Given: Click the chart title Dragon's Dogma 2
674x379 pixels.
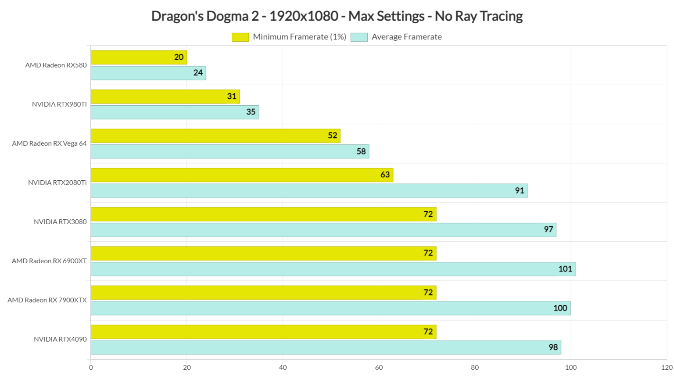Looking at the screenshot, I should tap(337, 16).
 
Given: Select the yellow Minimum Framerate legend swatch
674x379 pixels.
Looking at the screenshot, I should tap(240, 37).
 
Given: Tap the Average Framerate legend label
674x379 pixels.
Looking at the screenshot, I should tap(406, 37).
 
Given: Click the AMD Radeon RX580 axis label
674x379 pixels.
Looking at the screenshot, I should tap(56, 65).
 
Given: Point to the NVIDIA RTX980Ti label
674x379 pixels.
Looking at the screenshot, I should tap(59, 104).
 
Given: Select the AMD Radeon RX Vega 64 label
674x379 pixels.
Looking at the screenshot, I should tap(49, 143).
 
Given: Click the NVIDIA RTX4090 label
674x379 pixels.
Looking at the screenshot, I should tap(60, 339).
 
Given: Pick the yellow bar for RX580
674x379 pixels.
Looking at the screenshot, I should tap(139, 57).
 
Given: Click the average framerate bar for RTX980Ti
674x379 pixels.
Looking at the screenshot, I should tap(175, 112).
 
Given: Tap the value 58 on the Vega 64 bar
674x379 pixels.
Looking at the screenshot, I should tap(361, 151).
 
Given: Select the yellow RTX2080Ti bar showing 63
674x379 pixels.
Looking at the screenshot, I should tap(242, 175).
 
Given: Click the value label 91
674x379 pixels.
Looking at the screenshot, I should tap(520, 191).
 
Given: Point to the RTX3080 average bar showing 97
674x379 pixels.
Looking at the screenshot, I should tap(323, 230).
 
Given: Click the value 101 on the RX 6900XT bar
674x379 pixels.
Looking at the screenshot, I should tap(565, 269).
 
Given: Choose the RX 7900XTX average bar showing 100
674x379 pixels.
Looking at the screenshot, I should tap(330, 308).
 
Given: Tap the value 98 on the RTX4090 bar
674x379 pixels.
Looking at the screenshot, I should tap(553, 347).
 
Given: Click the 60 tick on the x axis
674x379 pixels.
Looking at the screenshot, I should tap(379, 368).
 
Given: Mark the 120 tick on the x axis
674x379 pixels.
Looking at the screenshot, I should tap(667, 368).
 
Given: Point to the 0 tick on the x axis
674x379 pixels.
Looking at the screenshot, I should tap(91, 368).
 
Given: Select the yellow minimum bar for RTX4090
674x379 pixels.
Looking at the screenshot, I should tap(263, 332).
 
